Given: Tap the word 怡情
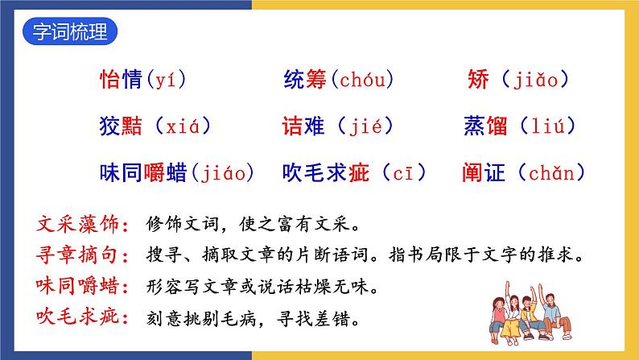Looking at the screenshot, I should click(120, 80).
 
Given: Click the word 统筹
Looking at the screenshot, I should click(307, 80).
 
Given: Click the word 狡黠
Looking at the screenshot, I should click(120, 126).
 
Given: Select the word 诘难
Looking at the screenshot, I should click(305, 126).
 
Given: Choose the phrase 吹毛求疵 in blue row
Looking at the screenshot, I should click(327, 172).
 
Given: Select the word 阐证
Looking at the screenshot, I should click(485, 172).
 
